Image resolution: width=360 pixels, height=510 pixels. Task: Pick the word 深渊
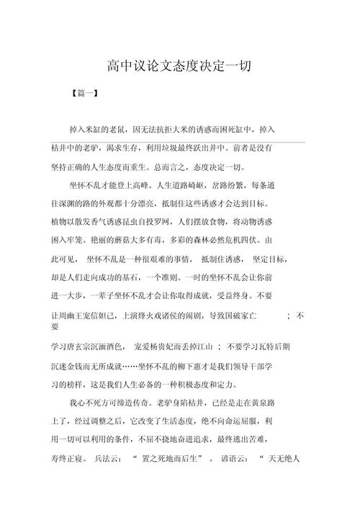click(73, 203)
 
